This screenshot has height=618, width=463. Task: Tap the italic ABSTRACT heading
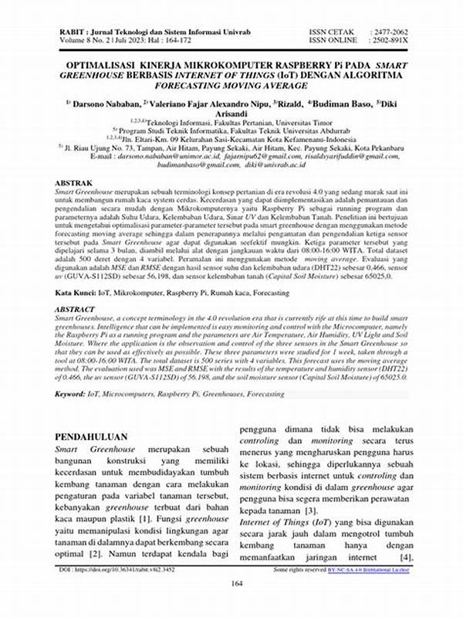coord(76,308)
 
